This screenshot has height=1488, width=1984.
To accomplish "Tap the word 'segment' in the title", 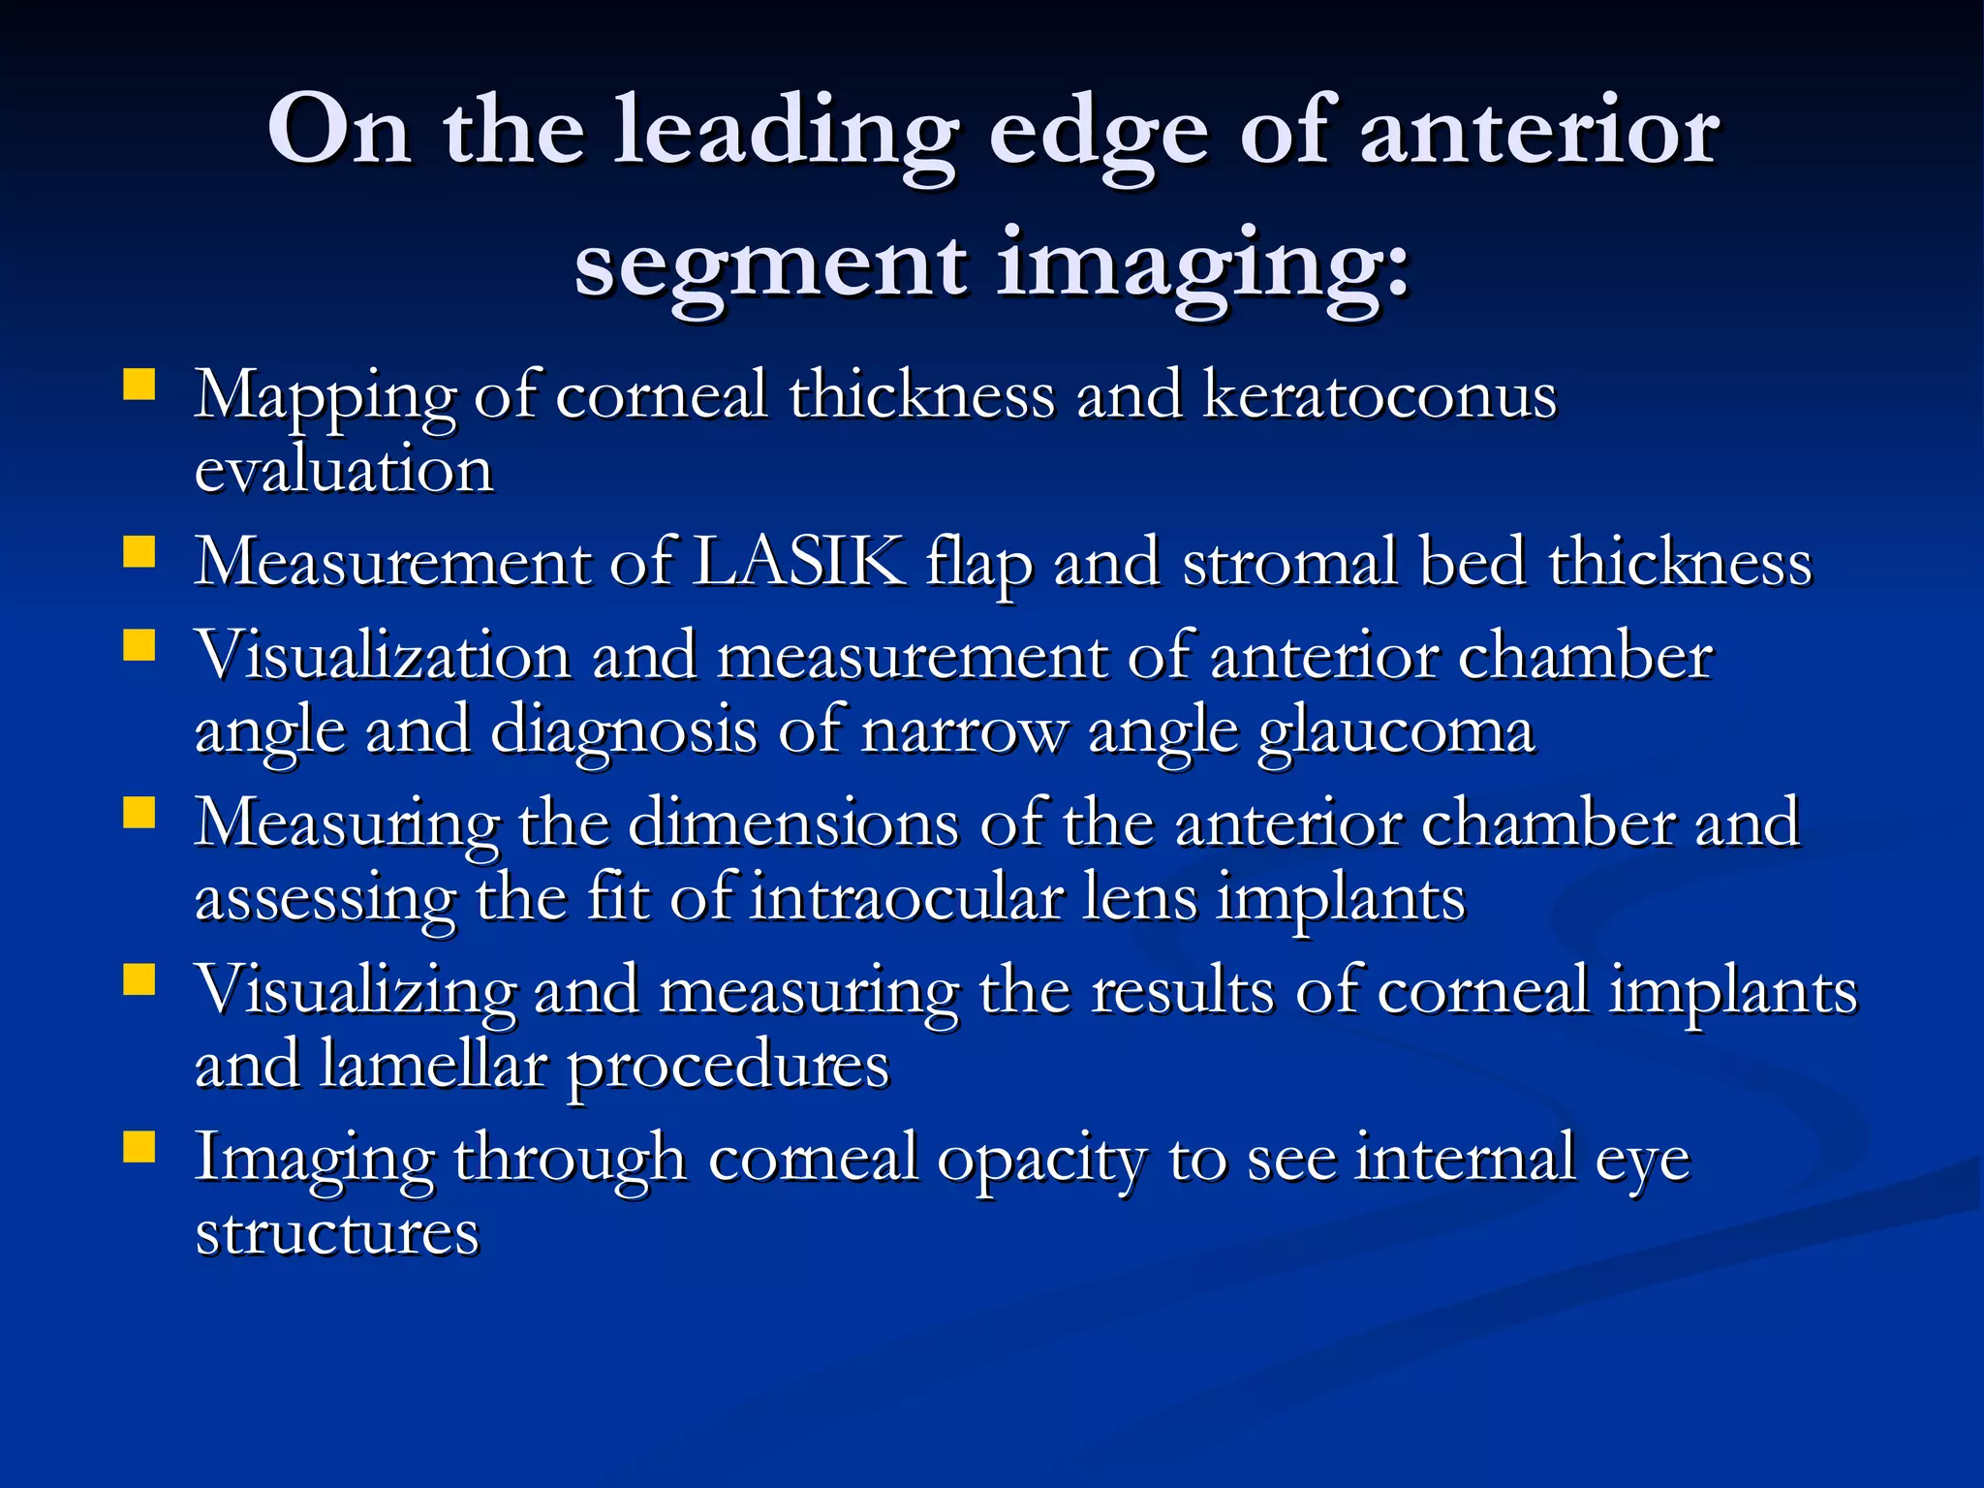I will (770, 265).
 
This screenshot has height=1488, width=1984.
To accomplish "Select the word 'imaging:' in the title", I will (1202, 265).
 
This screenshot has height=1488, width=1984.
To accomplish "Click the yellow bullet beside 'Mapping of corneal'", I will (139, 385).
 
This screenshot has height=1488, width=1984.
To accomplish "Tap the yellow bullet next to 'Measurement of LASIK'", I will (139, 552).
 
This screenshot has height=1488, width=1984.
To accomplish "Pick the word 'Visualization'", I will (383, 656).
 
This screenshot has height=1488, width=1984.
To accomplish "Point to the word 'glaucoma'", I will (1395, 732).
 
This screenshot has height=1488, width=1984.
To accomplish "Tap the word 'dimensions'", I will (793, 823).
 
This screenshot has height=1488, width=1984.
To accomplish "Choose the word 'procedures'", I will (728, 1067).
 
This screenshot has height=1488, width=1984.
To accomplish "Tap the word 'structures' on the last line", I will (337, 1232).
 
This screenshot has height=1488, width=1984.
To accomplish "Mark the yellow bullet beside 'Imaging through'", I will (139, 1147).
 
